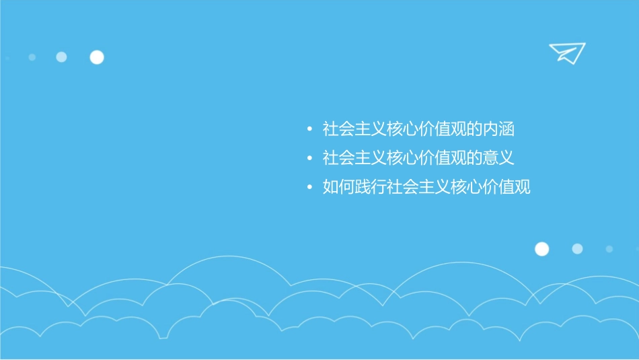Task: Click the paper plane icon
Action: (x=566, y=52)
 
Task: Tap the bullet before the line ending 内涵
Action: (x=309, y=129)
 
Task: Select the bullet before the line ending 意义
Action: (x=309, y=158)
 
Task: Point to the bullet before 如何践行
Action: (x=309, y=188)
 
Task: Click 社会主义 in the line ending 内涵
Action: (x=354, y=128)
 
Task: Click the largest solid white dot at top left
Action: (x=97, y=57)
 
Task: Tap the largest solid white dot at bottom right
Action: (x=541, y=249)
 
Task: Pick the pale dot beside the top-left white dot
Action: (x=61, y=57)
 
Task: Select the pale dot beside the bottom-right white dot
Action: (x=577, y=249)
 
